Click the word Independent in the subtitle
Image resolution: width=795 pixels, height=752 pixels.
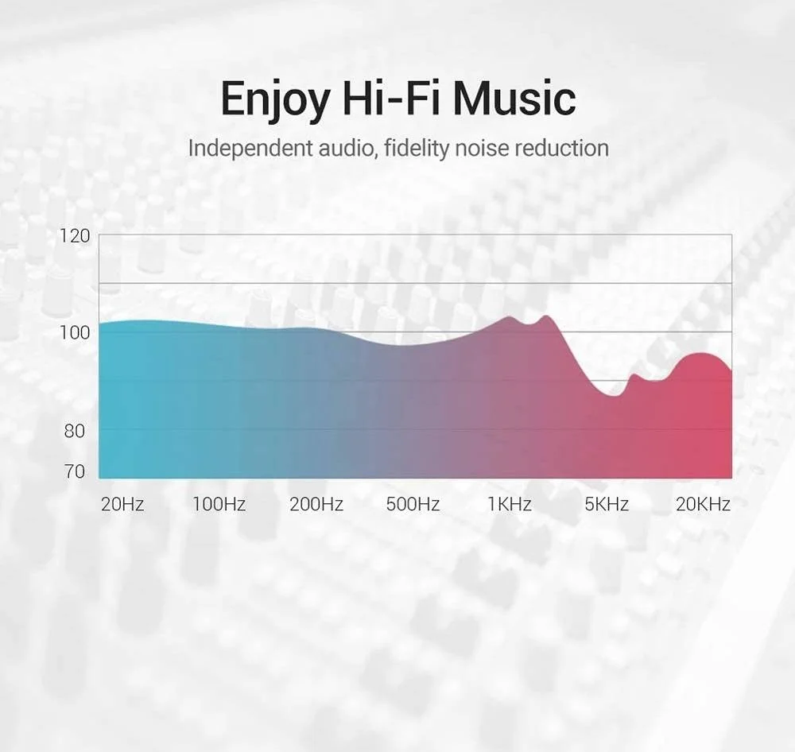point(250,148)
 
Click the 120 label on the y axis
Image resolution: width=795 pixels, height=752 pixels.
point(75,236)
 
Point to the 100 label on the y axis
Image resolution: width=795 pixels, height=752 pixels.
point(75,332)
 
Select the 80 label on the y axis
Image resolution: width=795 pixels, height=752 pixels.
point(75,431)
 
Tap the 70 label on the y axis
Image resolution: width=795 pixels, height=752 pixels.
point(75,471)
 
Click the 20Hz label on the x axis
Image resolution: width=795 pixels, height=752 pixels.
point(122,504)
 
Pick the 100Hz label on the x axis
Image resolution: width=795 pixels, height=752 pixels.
point(219,504)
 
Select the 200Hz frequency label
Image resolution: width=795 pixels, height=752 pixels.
point(316,504)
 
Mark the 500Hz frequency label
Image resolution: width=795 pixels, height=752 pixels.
point(413,504)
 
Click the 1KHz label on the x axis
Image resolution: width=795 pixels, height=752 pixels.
point(510,504)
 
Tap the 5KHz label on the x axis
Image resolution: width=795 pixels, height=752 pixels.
point(607,504)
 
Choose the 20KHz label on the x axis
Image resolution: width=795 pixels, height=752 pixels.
point(704,504)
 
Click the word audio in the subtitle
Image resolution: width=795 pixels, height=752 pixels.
point(348,148)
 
